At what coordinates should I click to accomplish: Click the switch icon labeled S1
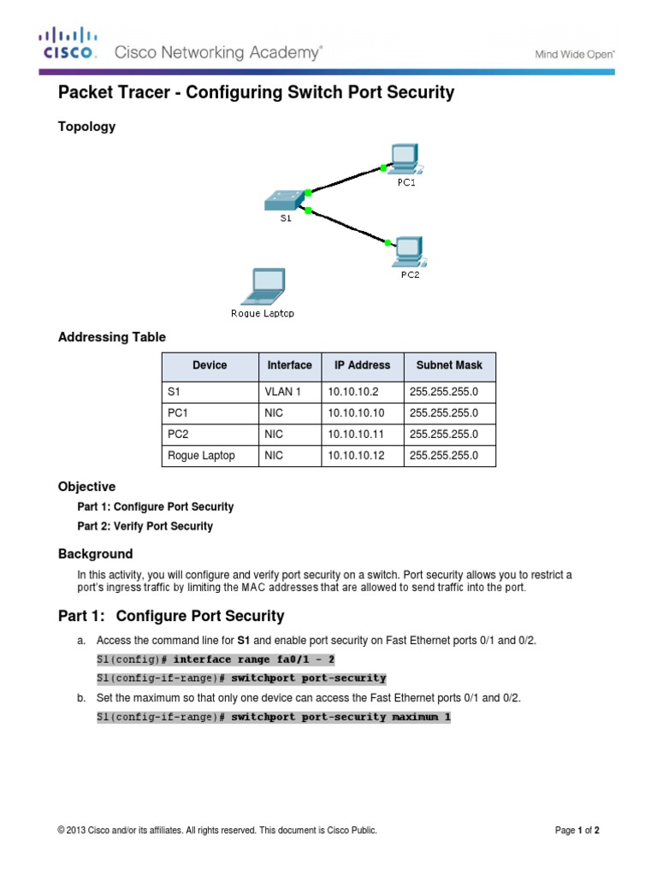pos(285,200)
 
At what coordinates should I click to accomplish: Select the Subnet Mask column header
pos(449,365)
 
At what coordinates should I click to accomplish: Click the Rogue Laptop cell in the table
pos(202,456)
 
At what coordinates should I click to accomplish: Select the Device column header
pos(210,365)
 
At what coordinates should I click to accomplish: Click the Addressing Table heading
pos(111,337)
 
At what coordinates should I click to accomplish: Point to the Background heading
pos(95,553)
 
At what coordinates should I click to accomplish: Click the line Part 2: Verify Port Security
pos(145,526)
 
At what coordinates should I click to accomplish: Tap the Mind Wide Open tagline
pos(574,53)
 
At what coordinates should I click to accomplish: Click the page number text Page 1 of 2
pos(582,830)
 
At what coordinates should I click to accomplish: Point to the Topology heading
pos(86,127)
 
